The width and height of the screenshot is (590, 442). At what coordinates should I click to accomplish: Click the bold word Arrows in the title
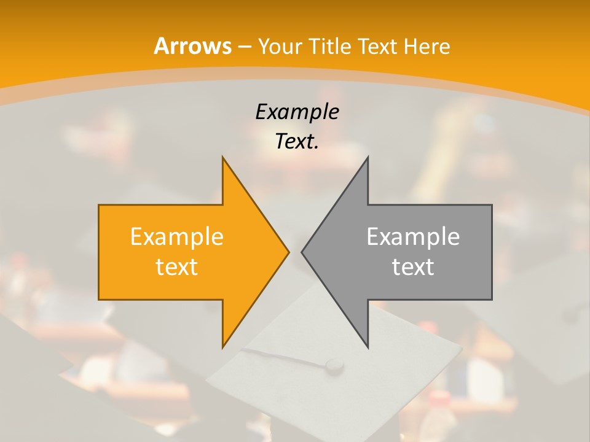[x=193, y=46]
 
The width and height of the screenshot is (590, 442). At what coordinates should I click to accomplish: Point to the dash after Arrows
[x=245, y=47]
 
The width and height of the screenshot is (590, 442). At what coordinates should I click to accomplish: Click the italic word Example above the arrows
[x=297, y=112]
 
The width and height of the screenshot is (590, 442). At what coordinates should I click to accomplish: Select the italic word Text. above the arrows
[x=297, y=142]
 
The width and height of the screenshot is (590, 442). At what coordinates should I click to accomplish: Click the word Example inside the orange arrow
[x=177, y=237]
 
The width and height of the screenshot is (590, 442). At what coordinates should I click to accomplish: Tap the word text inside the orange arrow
[x=177, y=267]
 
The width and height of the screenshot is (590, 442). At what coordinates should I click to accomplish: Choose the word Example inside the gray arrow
[x=413, y=237]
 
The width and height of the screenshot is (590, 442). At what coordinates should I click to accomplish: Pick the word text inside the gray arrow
[x=413, y=267]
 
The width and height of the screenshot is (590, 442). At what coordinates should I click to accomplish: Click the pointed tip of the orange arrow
[x=289, y=252]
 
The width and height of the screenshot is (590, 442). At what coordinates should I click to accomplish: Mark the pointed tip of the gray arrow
[x=302, y=252]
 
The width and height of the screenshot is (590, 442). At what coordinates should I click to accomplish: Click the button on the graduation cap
[x=334, y=366]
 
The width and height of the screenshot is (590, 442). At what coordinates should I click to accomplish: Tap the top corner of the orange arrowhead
[x=223, y=158]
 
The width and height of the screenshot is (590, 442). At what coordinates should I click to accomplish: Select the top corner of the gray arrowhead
[x=368, y=158]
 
